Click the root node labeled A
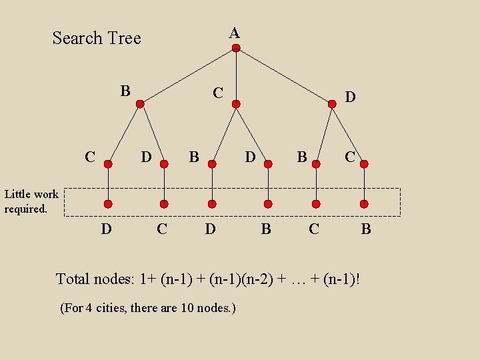coord(236,48)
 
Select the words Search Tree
coord(97,38)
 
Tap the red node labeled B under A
coord(140,104)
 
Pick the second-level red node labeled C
coord(236,104)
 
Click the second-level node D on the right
coord(332,104)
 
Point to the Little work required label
coord(31,201)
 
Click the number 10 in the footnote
coord(187,308)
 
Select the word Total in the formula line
coord(73,279)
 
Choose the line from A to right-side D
coord(284,76)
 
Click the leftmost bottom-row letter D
coord(105,230)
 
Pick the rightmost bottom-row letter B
coord(366,230)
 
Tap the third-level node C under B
coord(108,163)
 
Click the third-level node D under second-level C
coord(267,163)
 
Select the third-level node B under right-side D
coord(316,163)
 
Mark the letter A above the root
coord(234,32)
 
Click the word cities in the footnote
coord(112,308)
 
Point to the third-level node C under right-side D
coord(364,163)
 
